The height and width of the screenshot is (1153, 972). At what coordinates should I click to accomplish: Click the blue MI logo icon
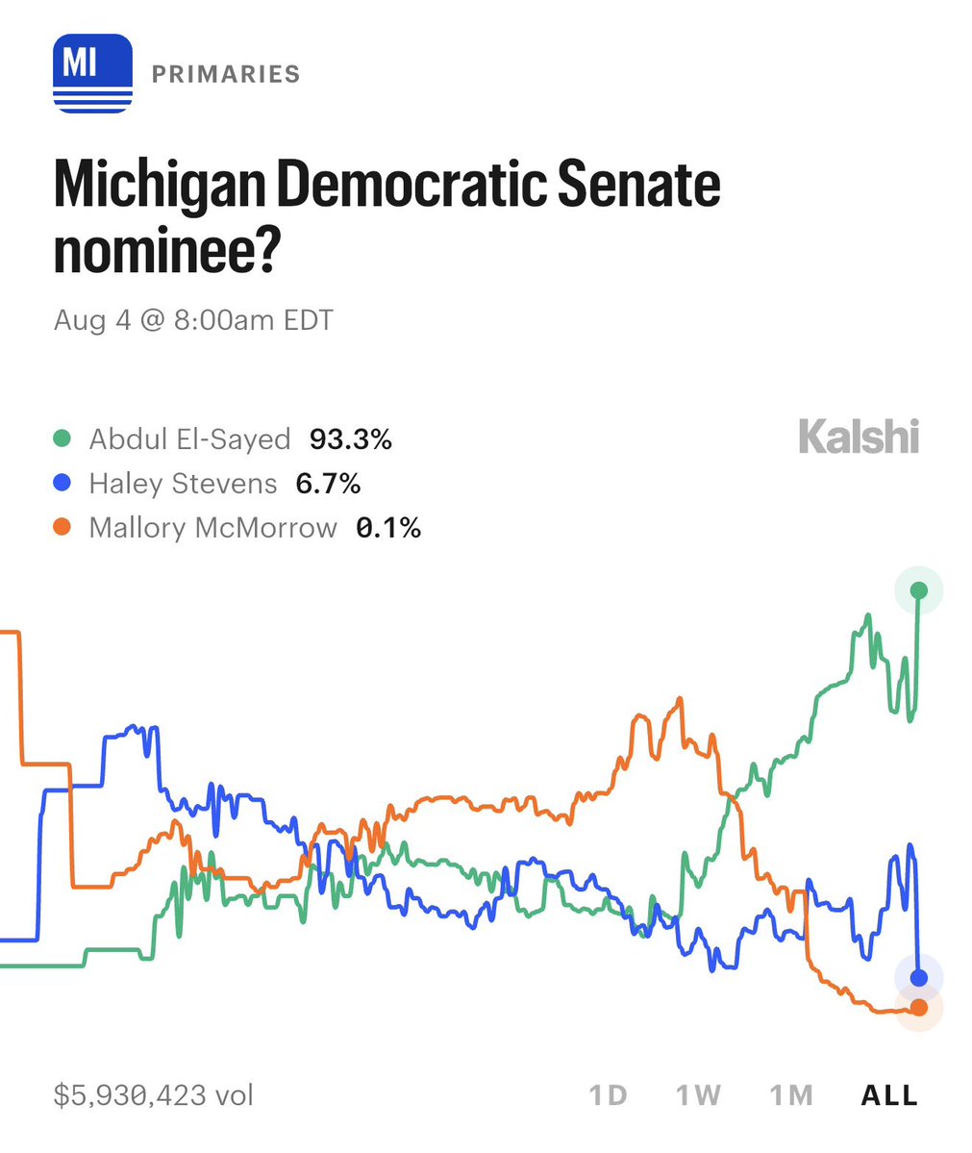[x=92, y=73]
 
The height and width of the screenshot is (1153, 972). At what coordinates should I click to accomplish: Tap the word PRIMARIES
[x=226, y=74]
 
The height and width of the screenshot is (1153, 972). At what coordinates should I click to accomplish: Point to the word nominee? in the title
[x=167, y=249]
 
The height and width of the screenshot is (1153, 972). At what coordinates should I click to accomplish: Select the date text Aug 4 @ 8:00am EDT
[x=193, y=320]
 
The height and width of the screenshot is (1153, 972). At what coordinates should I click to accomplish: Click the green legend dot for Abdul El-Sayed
[x=62, y=439]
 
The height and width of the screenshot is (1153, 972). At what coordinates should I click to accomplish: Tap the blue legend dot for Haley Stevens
[x=62, y=483]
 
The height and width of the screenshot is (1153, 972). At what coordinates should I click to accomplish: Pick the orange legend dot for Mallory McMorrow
[x=62, y=527]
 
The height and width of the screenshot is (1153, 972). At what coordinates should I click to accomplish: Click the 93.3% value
[x=351, y=439]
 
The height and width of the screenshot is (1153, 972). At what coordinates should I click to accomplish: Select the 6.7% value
[x=328, y=483]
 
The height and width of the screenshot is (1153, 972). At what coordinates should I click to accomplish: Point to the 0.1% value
[x=388, y=527]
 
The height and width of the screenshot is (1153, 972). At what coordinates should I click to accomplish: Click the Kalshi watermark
[x=859, y=436]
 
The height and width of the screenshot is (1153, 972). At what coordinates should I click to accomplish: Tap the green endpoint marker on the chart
[x=919, y=589]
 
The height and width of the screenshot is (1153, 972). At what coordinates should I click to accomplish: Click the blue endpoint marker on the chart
[x=919, y=977]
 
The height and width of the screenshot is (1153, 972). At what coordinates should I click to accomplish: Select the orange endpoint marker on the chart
[x=919, y=1008]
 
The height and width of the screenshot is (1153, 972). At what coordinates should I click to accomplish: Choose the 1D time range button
[x=608, y=1095]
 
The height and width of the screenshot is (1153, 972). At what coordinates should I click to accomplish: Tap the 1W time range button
[x=699, y=1095]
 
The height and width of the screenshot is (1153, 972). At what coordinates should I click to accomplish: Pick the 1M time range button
[x=791, y=1095]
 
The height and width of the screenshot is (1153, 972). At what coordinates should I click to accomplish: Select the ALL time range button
[x=889, y=1095]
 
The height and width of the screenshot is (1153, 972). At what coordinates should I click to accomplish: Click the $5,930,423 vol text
[x=154, y=1095]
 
